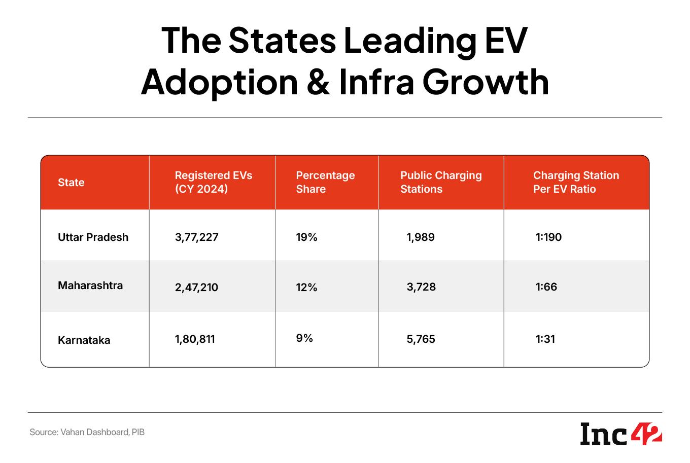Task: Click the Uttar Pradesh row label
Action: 93,237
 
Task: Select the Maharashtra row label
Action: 90,286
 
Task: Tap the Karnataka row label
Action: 84,340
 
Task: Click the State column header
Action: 71,183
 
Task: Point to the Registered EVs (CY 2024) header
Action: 214,182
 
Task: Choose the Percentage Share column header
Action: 325,182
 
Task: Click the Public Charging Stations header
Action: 441,182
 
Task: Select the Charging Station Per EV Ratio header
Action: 576,182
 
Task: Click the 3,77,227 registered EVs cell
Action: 197,237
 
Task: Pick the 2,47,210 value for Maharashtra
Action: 196,288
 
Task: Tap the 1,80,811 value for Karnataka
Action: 195,339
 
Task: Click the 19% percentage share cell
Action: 306,237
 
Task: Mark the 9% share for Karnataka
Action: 304,338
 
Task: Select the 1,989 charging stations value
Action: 421,237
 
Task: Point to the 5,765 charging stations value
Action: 421,339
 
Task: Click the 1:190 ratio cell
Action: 548,237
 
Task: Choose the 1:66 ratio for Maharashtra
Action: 546,287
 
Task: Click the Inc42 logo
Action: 621,435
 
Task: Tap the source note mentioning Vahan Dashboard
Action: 87,433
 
